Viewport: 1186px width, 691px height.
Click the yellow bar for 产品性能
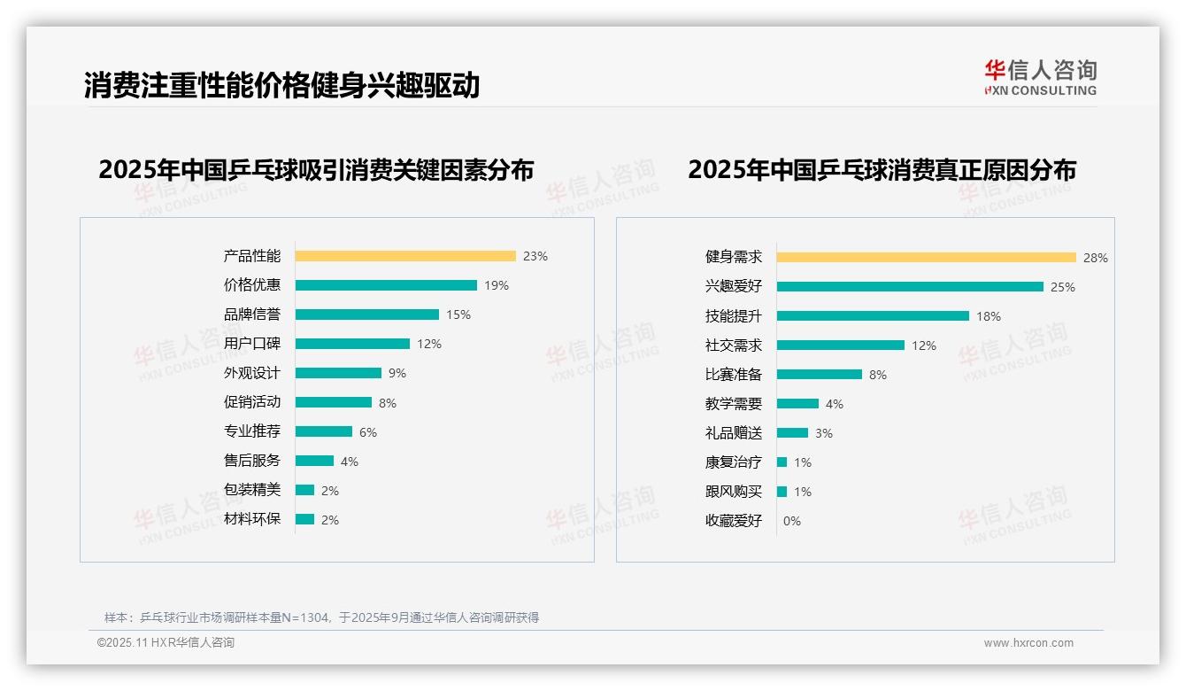[x=405, y=256]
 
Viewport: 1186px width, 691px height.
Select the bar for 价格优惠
[x=386, y=285]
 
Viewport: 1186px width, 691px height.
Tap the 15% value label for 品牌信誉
[x=458, y=314]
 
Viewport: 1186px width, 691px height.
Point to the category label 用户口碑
[x=252, y=344]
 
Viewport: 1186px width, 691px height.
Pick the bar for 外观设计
[x=338, y=373]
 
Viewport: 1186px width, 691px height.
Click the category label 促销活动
[x=252, y=402]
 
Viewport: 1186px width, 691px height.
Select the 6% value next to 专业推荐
[x=368, y=432]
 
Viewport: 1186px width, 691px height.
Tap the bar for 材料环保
[x=304, y=519]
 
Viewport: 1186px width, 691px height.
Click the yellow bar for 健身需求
[x=927, y=258]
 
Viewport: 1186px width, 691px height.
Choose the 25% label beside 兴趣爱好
[x=1063, y=287]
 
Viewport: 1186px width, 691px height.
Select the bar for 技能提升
[x=873, y=316]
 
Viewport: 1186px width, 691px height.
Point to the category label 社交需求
[x=734, y=345]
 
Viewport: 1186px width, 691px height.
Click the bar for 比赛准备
[x=820, y=375]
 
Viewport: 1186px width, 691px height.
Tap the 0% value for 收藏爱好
[x=792, y=521]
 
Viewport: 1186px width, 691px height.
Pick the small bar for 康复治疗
[x=782, y=462]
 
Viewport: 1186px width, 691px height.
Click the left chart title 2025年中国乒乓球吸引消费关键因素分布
[x=316, y=170]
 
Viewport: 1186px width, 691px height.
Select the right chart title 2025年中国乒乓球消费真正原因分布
[x=882, y=170]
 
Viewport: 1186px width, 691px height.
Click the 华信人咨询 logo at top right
[x=1040, y=78]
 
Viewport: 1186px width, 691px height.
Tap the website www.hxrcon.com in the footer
[x=1028, y=643]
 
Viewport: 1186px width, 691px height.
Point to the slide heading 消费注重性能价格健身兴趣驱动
[x=281, y=86]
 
